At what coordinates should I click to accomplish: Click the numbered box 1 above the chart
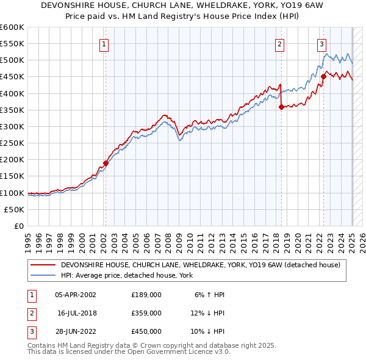[104, 44]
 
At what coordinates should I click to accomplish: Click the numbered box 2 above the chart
[279, 44]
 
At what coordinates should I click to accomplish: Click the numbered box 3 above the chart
[321, 44]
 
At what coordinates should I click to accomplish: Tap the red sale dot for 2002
[106, 163]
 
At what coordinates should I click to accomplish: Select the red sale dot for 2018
[281, 107]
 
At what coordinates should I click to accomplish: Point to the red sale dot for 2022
[323, 76]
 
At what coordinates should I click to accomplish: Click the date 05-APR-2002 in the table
[76, 295]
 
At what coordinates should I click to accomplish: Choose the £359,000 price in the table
[146, 313]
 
